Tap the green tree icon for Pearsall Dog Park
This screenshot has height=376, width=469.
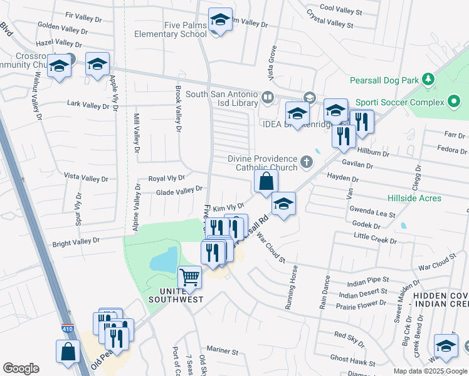click(428, 80)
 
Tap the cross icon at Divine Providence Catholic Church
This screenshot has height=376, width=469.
click(307, 162)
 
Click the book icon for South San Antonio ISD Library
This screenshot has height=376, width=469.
click(267, 97)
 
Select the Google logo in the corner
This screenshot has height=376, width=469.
click(21, 368)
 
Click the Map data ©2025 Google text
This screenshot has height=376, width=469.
click(430, 371)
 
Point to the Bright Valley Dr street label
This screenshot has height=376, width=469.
click(76, 241)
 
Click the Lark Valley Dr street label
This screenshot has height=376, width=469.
click(88, 105)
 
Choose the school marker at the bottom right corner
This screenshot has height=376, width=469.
click(446, 346)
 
